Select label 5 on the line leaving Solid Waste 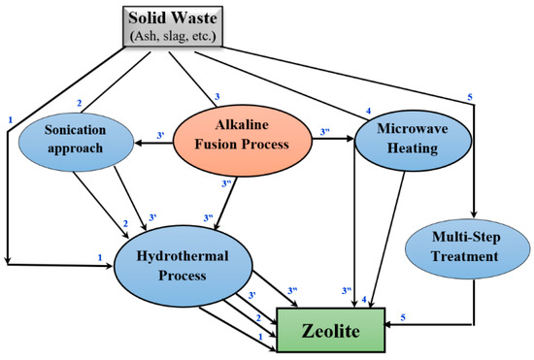469,97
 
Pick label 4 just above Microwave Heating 368,111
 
